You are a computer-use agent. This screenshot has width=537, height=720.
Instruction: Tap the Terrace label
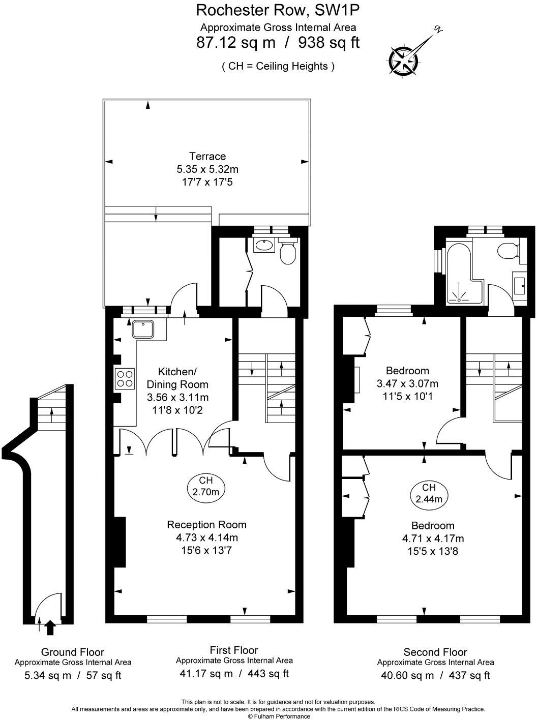tap(207, 156)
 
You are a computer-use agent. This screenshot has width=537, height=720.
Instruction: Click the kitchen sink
tap(144, 329)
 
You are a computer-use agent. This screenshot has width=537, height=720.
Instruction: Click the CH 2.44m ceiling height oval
tap(429, 493)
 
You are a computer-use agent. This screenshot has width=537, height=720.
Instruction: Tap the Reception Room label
tap(206, 525)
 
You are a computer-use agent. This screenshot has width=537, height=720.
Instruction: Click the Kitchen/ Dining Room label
tap(177, 377)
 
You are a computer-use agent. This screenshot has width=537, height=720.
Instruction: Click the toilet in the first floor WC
tap(288, 253)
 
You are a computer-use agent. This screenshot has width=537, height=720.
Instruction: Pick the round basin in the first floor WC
tap(264, 246)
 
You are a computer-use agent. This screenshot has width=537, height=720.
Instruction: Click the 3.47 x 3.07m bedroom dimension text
tap(407, 383)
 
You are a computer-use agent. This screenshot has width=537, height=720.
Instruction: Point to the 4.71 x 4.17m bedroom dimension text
tap(432, 538)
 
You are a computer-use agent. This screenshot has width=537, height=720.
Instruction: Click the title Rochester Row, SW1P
tap(278, 10)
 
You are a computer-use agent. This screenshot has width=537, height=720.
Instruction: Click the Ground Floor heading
tap(73, 652)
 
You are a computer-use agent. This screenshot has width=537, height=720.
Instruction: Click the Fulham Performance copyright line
tap(279, 716)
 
